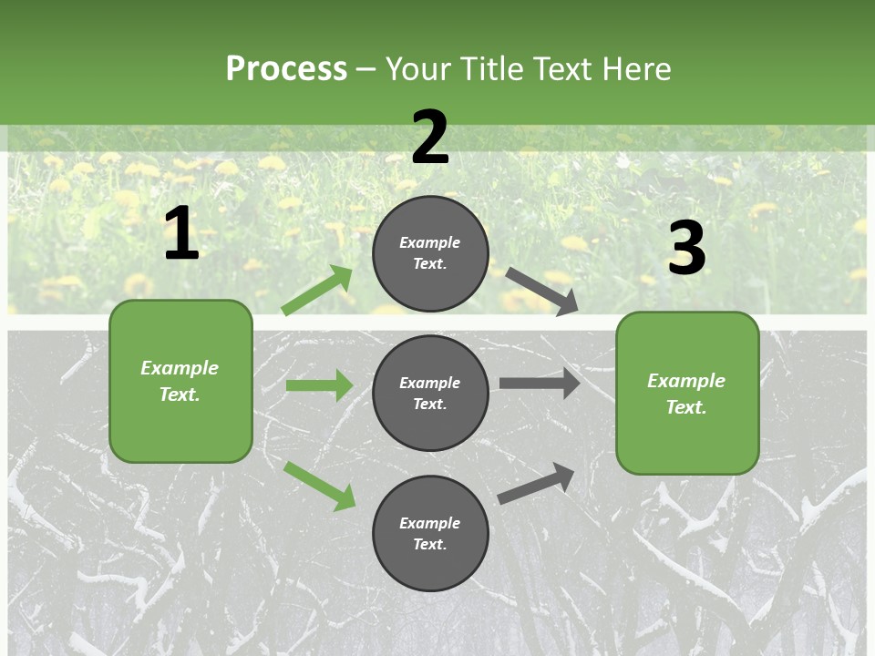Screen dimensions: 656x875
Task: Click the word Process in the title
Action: [x=286, y=69]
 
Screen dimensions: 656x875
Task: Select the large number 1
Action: [x=180, y=234]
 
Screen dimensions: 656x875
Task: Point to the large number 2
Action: [x=430, y=138]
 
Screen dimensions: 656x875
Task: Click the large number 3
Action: [x=686, y=248]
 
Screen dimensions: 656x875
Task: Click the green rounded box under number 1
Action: [x=180, y=381]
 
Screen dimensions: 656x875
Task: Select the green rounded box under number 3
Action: [x=687, y=393]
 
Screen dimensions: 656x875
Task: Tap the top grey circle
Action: [x=430, y=253]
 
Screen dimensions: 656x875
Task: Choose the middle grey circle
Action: [x=430, y=393]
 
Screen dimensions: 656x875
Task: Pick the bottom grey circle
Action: [x=430, y=533]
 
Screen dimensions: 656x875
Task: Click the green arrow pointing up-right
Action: [x=317, y=291]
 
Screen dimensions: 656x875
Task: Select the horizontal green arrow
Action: [x=319, y=385]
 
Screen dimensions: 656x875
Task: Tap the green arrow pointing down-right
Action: [x=320, y=486]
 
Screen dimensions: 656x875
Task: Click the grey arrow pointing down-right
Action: [x=541, y=291]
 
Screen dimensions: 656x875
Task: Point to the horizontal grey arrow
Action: [x=539, y=383]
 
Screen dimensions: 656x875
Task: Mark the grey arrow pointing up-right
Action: [x=536, y=483]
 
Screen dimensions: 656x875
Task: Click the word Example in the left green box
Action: [x=180, y=368]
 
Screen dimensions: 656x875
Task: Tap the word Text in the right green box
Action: [x=685, y=407]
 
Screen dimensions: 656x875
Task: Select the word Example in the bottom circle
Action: [x=430, y=523]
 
